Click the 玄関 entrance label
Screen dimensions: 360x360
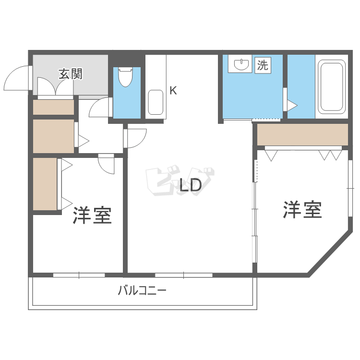click(71, 74)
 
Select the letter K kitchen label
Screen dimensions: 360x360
click(173, 90)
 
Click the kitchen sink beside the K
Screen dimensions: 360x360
click(156, 102)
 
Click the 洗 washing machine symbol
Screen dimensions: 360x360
click(262, 65)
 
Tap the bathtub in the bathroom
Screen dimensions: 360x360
click(332, 86)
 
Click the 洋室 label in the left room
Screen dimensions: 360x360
click(92, 215)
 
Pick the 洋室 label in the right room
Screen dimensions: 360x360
click(302, 209)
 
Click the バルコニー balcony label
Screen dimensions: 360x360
click(142, 290)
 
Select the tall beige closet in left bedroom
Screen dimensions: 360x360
click(45, 183)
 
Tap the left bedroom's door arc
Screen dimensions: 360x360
click(107, 165)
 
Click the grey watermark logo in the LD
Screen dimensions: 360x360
click(178, 181)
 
